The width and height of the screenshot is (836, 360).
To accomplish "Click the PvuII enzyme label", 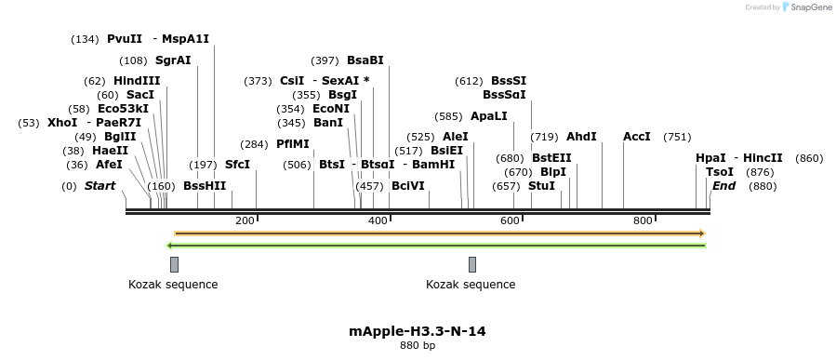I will point(125,39).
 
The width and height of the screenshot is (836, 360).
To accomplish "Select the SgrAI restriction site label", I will point(173,60).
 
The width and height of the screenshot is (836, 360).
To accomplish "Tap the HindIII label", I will point(137,81).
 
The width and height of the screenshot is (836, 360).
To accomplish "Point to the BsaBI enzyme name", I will point(365,60).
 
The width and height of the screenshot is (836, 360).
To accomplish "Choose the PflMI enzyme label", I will point(293,144).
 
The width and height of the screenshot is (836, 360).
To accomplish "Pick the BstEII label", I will point(551,157).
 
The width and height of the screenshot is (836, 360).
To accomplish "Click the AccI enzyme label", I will point(637,137).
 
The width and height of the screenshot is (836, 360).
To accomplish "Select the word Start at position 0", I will point(100,186).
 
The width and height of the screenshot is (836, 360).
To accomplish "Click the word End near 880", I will point(723,186).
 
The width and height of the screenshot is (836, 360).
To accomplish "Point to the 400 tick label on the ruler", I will point(378,220).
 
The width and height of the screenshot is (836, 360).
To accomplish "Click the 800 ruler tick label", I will point(642,220).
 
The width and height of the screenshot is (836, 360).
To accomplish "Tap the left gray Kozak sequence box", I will point(174,264).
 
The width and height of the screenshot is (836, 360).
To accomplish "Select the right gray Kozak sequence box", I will point(472,264).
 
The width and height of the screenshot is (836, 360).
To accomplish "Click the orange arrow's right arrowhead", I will point(702,233).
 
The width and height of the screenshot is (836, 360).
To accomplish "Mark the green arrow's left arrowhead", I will point(169,246).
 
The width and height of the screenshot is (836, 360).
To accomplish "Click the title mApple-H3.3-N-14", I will point(418,331).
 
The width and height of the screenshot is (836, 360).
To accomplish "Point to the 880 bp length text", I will point(418,346).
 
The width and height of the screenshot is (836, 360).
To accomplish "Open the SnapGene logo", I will point(806,7).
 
